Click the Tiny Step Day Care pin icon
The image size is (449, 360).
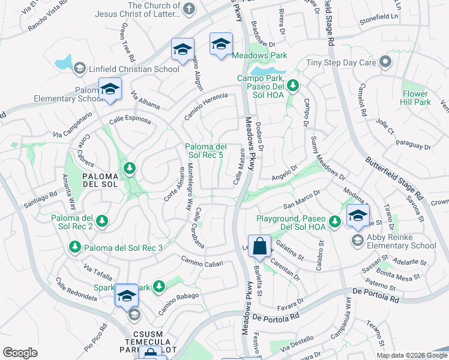tap(385, 62)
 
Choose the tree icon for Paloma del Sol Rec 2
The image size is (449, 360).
tap(101, 221)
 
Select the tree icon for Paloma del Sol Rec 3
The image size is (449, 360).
tap(75, 247)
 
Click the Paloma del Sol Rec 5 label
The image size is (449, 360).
tap(205, 151)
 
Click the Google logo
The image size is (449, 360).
tap(20, 352)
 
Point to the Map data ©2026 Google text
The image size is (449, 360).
tap(412, 355)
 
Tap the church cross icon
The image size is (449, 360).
tap(188, 8)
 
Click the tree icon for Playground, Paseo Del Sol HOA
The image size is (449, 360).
tap(335, 222)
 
